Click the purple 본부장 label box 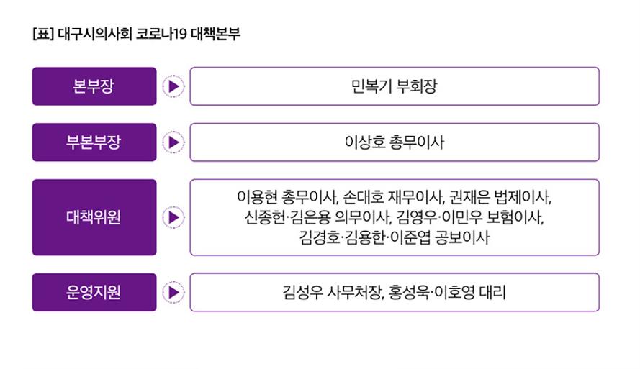click(94, 86)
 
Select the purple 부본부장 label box click(94, 142)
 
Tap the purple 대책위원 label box click(94, 217)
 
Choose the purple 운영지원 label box click(94, 292)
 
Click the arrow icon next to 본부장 click(173, 86)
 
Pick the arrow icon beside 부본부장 click(173, 142)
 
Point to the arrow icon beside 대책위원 click(173, 217)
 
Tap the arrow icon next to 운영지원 click(173, 292)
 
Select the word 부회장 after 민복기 click(418, 86)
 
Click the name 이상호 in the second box click(364, 142)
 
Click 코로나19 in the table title click(160, 34)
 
